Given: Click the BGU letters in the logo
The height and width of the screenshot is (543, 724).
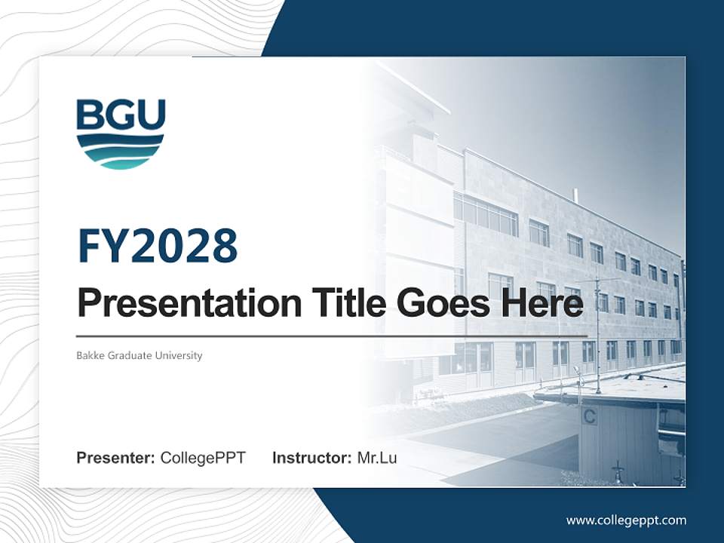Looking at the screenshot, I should pyautogui.click(x=121, y=115).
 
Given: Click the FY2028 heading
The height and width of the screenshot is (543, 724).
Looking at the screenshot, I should pyautogui.click(x=158, y=246).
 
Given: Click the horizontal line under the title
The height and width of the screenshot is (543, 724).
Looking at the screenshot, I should pyautogui.click(x=332, y=336).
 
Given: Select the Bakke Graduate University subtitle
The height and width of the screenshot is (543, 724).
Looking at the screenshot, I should pyautogui.click(x=140, y=355).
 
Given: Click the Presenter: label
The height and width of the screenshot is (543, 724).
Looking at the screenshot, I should pyautogui.click(x=116, y=458).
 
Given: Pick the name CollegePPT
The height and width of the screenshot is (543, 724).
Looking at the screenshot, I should pyautogui.click(x=203, y=458).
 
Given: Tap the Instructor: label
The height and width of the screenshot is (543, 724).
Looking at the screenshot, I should pyautogui.click(x=312, y=458).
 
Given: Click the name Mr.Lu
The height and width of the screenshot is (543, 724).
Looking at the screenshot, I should pyautogui.click(x=376, y=458).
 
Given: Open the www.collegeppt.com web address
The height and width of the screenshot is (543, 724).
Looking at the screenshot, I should pyautogui.click(x=626, y=520).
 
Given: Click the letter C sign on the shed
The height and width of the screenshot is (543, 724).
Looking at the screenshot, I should pyautogui.click(x=589, y=416).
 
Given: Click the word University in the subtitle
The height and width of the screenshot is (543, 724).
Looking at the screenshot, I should pyautogui.click(x=179, y=355).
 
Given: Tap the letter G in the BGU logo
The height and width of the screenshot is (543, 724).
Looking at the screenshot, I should pyautogui.click(x=121, y=115).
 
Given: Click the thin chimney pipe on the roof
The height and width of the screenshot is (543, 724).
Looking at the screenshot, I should pyautogui.click(x=575, y=196).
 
